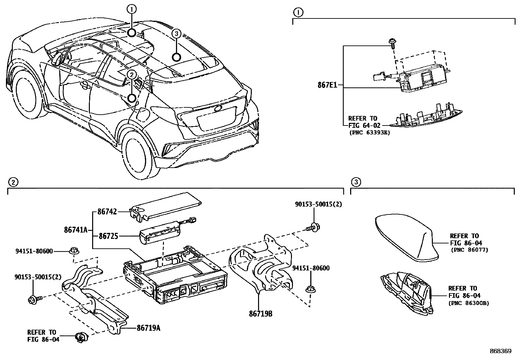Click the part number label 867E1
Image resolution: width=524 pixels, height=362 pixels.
(x=327, y=85)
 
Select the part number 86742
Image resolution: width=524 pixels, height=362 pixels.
(x=107, y=212)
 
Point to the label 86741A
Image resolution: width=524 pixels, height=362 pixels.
(x=75, y=230)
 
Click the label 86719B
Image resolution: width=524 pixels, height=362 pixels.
(x=260, y=314)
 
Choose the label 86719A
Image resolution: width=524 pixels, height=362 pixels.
(x=148, y=328)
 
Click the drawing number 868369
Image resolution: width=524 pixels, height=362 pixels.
(x=500, y=351)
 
